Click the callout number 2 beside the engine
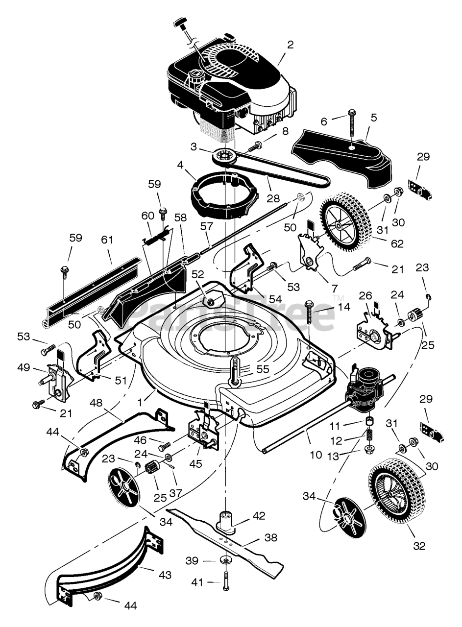291,45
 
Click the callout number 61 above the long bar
107,240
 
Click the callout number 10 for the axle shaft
316,455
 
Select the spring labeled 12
369,435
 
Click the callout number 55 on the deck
263,369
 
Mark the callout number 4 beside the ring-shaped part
180,165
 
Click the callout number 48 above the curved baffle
96,403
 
